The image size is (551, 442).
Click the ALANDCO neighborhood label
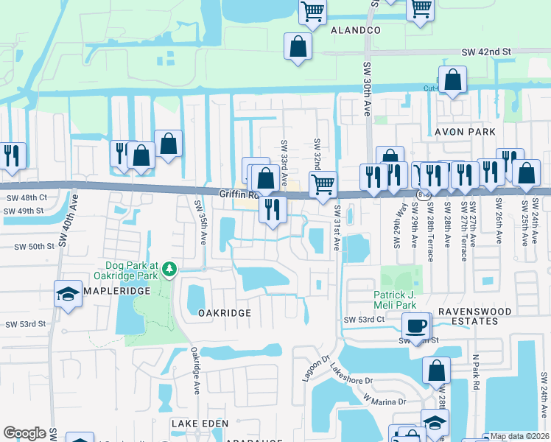click(355, 30)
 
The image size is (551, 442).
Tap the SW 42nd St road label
click(486, 52)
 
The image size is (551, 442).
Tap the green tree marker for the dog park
click(171, 270)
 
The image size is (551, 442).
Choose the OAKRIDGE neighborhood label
click(225, 313)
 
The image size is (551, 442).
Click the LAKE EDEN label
click(200, 424)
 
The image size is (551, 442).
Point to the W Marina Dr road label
click(384, 401)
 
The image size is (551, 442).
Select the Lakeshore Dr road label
click(351, 373)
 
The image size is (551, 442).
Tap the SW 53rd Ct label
click(364, 320)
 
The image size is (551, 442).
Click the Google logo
click(24, 433)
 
